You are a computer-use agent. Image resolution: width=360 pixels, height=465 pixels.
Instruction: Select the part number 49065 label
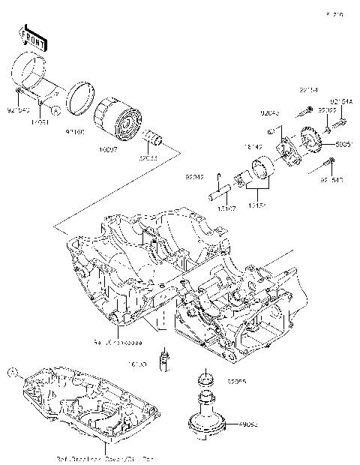pos(247,424)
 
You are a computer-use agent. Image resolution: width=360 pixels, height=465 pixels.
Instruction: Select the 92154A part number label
pos(340,100)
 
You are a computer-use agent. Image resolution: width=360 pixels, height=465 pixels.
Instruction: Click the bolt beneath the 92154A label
pos(340,117)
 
